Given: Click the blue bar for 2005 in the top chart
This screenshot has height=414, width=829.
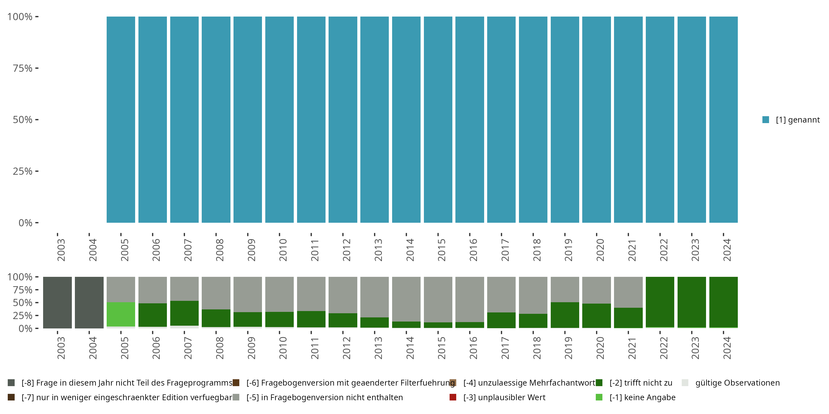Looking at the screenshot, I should click(x=121, y=120).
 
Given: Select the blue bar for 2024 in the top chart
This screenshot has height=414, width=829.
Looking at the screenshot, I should click(x=723, y=120).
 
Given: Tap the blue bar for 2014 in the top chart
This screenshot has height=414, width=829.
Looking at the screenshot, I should click(x=406, y=120).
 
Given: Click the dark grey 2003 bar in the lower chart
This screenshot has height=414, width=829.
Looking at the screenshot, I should click(x=57, y=302).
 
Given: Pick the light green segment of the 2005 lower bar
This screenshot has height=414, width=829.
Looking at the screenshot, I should click(x=121, y=314).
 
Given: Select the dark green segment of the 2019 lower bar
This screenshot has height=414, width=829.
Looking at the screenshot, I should click(x=565, y=315).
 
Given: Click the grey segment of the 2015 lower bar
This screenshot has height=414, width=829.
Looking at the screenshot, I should click(x=438, y=299).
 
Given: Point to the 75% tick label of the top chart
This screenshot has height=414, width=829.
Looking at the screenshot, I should click(x=23, y=68).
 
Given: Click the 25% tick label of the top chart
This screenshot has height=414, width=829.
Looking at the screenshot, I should click(x=23, y=171).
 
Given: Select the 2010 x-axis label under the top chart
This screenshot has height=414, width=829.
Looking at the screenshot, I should click(x=283, y=250).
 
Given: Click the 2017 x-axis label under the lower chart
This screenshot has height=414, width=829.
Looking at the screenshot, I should click(x=505, y=348).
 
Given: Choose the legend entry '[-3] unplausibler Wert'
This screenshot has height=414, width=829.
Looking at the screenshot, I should click(x=504, y=397).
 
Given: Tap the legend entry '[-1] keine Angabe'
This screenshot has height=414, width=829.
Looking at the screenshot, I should click(x=642, y=397).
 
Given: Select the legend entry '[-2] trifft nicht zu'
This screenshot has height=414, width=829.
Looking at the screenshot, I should click(x=641, y=383).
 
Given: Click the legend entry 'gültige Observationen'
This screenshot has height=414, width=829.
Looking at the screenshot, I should click(x=737, y=383).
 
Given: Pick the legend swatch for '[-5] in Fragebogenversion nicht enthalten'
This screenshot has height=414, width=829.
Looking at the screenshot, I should click(x=236, y=397).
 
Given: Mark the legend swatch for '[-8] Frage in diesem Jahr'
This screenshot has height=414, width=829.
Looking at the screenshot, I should click(x=11, y=383).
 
